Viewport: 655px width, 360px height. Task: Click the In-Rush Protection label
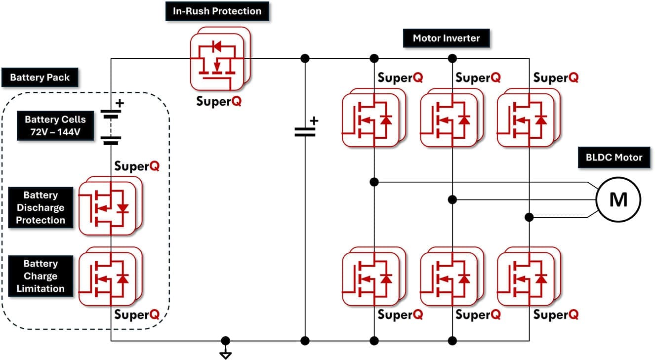coord(217,11)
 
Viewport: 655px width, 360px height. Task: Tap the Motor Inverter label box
coord(447,38)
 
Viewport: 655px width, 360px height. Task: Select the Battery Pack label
coord(40,78)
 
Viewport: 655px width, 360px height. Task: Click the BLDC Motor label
coord(614,158)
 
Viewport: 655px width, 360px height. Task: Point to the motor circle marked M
coord(618,200)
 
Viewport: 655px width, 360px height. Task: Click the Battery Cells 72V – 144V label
coord(55,126)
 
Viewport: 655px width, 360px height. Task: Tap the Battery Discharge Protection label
coord(41,208)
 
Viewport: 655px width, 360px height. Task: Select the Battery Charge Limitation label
coord(41,276)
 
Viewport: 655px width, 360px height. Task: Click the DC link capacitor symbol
coord(305,131)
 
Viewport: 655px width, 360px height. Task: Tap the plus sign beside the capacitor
coord(314,120)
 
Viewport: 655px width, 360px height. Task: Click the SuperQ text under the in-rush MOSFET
coord(219,101)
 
